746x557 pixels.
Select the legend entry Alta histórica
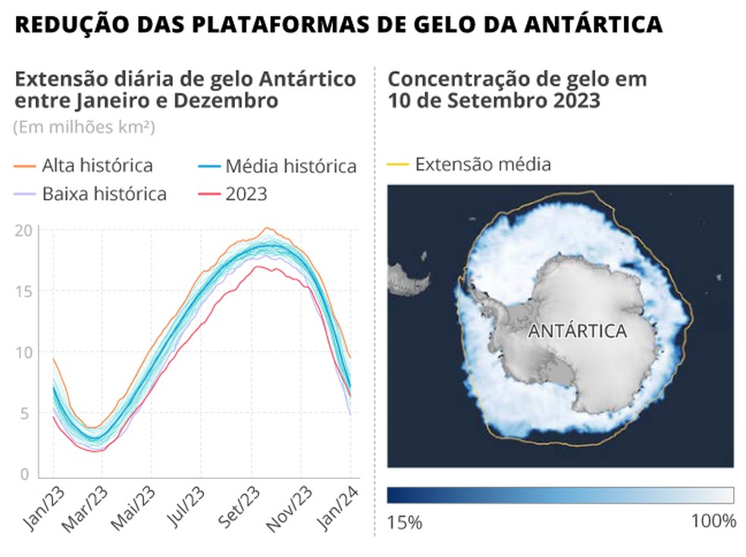point(97,165)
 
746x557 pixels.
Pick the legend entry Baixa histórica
point(104,193)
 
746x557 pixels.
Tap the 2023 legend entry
point(246,193)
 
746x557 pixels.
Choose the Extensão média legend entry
point(482,164)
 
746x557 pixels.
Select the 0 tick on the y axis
point(24,474)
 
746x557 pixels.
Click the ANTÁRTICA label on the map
point(577,331)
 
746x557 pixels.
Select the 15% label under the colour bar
point(404,522)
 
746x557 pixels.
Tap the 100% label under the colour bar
point(713,522)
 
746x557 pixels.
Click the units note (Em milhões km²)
point(83,127)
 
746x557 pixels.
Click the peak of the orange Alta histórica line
point(266,227)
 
